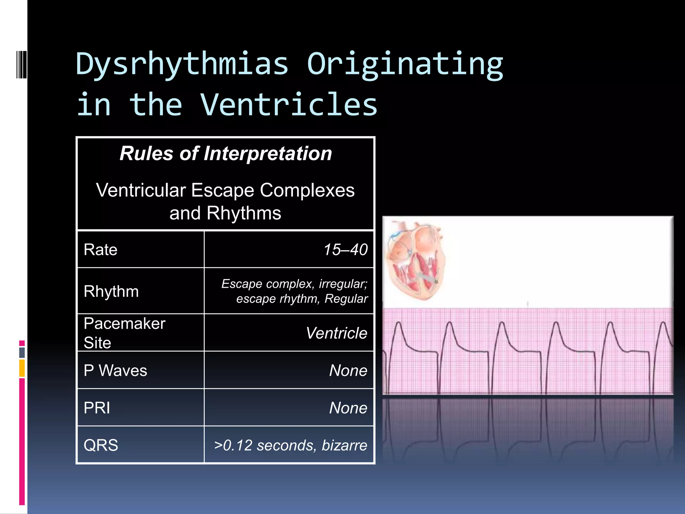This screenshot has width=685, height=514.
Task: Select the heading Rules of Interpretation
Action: [226, 154]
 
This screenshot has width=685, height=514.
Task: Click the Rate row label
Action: [100, 250]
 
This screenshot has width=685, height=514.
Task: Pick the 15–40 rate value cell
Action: [346, 250]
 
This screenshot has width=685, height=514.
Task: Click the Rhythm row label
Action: [111, 291]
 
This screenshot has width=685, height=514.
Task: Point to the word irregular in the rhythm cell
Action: [343, 284]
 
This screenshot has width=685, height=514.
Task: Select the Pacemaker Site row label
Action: [124, 333]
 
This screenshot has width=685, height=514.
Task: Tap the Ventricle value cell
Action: [336, 333]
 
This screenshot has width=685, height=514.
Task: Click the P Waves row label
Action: [115, 370]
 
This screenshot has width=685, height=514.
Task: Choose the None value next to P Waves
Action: [348, 370]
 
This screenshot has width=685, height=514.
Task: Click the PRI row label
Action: [97, 408]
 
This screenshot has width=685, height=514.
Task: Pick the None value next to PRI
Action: [348, 408]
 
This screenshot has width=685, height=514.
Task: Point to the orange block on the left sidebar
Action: [22, 368]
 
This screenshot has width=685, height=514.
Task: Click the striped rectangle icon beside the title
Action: [21, 64]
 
